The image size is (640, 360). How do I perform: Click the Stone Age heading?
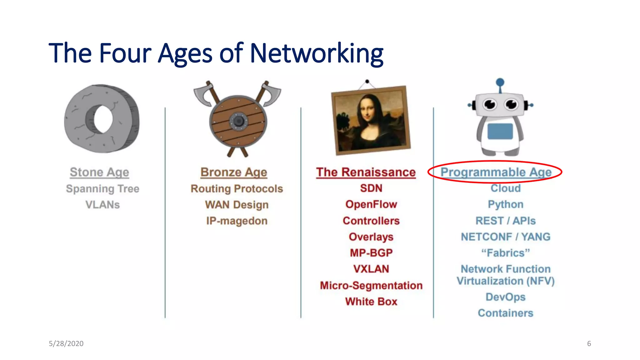coord(99,172)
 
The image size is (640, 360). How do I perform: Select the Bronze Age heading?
coord(234,172)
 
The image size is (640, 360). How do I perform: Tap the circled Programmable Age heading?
coord(496,172)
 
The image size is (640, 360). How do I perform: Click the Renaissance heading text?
coord(366,172)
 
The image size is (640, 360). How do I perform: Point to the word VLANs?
coord(102,205)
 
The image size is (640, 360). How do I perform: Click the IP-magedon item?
coord(237,221)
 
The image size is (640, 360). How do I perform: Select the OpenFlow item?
coord(371,204)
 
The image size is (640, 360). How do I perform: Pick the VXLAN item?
coord(371,269)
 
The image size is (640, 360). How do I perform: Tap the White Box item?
coord(371,302)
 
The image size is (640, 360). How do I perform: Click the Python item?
coord(506,204)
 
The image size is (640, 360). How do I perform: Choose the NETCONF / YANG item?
coord(506,237)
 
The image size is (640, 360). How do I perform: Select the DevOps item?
coord(506,297)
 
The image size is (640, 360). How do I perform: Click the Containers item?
coord(506,313)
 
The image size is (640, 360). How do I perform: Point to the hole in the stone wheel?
coord(103,119)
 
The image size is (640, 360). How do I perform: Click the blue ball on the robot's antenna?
coord(500,82)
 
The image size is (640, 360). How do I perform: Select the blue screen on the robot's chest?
coord(500,131)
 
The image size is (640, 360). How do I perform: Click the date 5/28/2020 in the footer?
coord(66,344)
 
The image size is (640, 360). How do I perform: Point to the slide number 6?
coord(589,344)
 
